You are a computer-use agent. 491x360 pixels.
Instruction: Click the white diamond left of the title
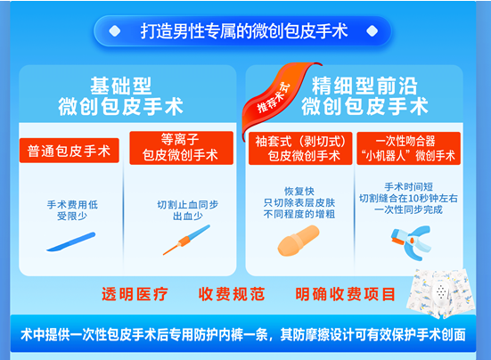pos(115,31)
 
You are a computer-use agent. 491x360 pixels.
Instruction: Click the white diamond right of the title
pos(372,31)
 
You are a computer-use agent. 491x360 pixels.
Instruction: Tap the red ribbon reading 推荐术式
pos(275,97)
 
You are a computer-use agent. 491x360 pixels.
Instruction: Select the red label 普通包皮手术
pos(70,151)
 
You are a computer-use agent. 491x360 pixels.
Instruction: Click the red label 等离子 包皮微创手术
pos(181,148)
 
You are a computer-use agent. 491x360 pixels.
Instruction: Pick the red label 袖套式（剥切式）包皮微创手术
pos(300,149)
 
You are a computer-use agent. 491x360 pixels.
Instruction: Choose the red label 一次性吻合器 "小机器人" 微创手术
pos(409,149)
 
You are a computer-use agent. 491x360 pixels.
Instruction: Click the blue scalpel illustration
pos(71,241)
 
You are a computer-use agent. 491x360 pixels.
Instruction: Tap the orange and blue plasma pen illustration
pos(186,240)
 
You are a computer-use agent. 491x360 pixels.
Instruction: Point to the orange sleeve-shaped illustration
pos(299,241)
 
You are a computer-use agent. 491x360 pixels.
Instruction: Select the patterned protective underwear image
pos(441,293)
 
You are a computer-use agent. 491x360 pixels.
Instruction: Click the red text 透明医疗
pos(135,294)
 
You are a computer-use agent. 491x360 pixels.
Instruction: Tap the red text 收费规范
pos(232,294)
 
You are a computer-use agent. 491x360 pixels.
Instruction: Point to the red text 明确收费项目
pos(345,294)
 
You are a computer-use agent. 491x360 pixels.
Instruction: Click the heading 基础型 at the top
pos(121,86)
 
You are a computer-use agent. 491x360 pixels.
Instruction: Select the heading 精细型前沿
pos(364,86)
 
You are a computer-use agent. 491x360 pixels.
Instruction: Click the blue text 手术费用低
pos(72,205)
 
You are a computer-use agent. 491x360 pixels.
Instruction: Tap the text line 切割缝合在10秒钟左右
pos(408,198)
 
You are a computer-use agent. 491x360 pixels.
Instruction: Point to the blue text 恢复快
pos(299,191)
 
